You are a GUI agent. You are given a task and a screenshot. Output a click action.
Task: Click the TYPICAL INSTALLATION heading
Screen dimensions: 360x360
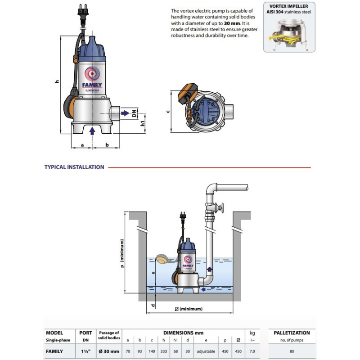(74, 167)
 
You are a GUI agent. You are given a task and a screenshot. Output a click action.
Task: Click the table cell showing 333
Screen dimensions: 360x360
(163, 351)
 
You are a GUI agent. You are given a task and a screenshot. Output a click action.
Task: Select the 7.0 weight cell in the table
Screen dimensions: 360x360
(252, 351)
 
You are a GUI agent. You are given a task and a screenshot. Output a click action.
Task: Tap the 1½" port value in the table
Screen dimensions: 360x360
(85, 351)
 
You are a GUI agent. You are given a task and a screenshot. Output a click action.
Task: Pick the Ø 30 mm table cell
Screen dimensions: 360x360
(108, 351)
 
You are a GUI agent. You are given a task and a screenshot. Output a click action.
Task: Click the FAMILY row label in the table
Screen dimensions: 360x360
(54, 351)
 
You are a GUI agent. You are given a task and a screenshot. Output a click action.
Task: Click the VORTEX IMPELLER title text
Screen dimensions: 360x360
(289, 7)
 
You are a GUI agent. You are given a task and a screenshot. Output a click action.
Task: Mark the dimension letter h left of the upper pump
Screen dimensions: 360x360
(57, 81)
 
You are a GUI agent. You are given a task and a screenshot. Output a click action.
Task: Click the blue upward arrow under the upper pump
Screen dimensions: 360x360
(92, 130)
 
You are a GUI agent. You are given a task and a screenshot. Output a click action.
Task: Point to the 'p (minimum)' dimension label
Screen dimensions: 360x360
(121, 261)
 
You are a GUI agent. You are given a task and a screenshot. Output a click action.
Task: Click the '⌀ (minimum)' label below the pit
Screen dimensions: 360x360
(189, 309)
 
